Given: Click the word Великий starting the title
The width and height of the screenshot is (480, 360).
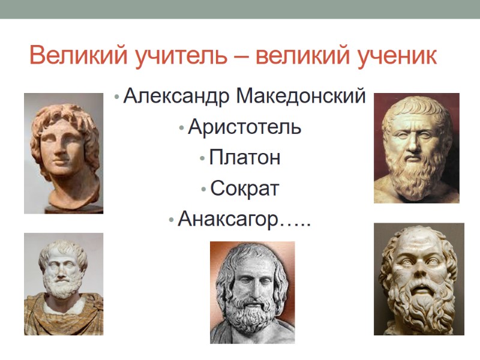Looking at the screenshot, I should point(73,56).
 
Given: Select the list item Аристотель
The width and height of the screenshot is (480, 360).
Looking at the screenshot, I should point(244,127).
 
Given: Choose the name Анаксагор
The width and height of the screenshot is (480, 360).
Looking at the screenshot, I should point(229,220).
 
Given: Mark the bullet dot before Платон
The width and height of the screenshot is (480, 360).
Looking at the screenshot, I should point(203,159).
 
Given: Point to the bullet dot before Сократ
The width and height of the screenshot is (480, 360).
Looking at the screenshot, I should point(205,190).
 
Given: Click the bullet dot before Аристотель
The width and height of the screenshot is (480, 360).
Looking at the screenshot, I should point(181,128).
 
